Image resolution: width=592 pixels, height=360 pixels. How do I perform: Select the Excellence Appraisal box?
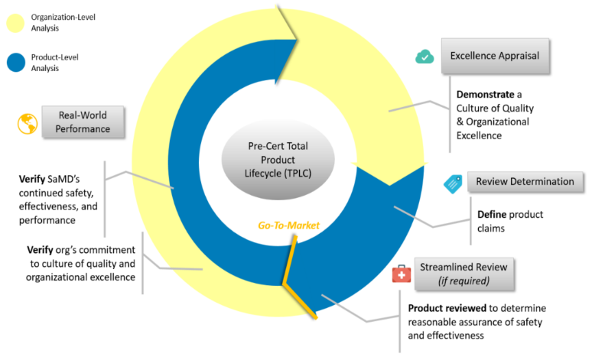pyautogui.click(x=495, y=56)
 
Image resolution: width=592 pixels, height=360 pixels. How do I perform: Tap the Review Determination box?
pyautogui.click(x=525, y=182)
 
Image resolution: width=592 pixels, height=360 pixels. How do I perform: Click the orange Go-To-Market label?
pyautogui.click(x=288, y=225)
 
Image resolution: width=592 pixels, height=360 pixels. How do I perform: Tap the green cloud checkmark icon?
pyautogui.click(x=424, y=57)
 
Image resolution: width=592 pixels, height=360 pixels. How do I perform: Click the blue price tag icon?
pyautogui.click(x=453, y=183)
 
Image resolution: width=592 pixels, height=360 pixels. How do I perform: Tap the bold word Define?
pyautogui.click(x=492, y=215)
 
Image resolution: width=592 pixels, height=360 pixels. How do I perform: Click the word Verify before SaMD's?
pyautogui.click(x=33, y=179)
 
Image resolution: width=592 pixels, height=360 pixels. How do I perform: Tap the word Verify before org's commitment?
pyautogui.click(x=41, y=250)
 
